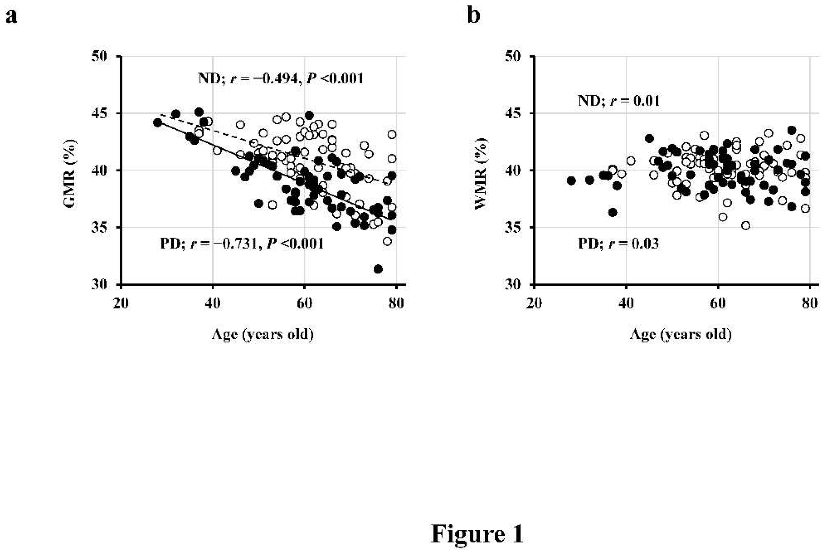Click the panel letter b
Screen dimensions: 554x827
473,16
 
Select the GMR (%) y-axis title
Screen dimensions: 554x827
70,173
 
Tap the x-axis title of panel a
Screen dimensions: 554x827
263,334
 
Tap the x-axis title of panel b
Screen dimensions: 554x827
680,334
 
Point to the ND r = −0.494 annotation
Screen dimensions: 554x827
281,78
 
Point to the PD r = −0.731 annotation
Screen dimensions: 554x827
242,243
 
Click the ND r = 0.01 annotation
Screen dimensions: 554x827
619,101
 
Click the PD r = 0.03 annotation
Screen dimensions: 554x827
618,243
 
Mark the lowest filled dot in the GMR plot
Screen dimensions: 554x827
378,269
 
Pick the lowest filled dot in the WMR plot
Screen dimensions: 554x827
613,212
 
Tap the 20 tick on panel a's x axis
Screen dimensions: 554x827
121,303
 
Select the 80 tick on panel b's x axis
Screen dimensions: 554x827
809,303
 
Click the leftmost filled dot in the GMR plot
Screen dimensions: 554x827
158,123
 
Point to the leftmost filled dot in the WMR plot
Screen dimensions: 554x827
571,180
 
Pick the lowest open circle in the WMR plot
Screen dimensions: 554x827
745,225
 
